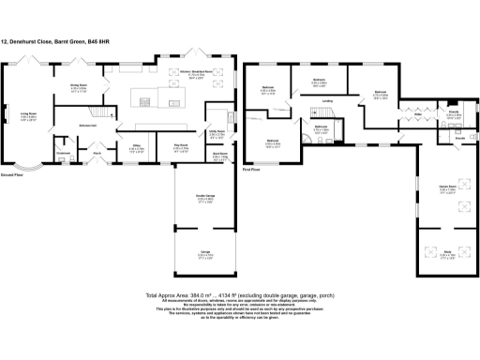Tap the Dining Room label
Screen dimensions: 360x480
coord(79,87)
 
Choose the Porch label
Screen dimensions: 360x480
coord(97,155)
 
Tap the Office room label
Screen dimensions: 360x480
coord(136,147)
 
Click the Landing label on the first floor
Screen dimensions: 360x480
coord(328,101)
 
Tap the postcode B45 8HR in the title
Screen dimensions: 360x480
coord(110,41)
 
